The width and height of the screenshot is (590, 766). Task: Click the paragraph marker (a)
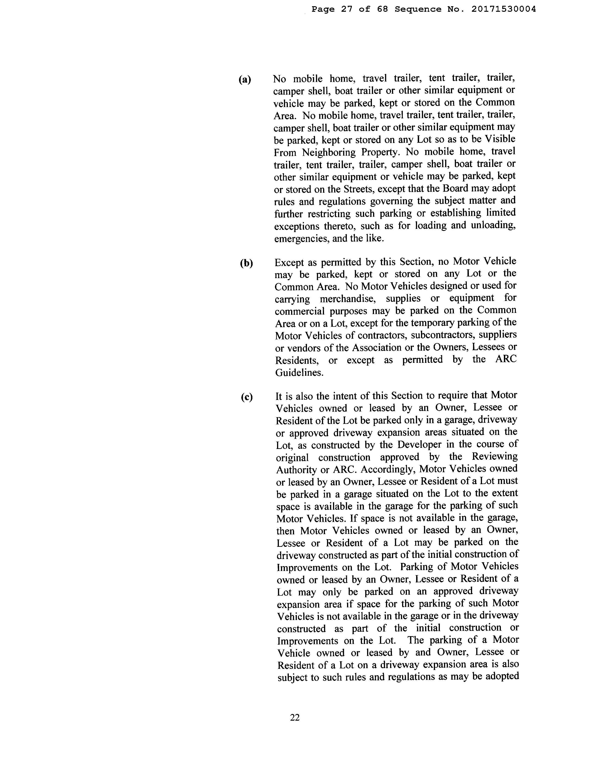(x=245, y=80)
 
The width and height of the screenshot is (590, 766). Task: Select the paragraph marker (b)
(x=246, y=263)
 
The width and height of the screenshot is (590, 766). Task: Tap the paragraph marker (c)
(x=247, y=397)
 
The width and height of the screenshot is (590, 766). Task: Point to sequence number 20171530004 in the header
(x=503, y=9)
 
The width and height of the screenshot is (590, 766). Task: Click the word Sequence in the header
(x=418, y=9)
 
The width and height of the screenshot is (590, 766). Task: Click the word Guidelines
(x=299, y=373)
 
